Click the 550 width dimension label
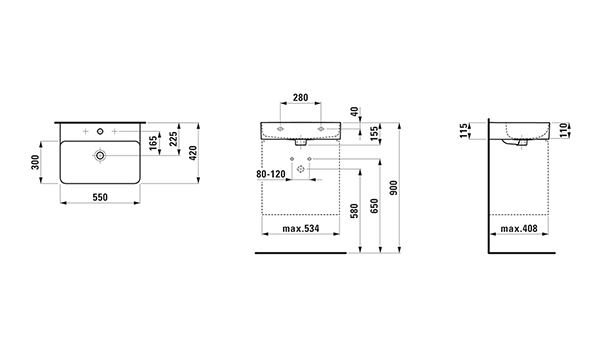(100, 197)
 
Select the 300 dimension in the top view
(35, 162)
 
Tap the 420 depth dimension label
(193, 153)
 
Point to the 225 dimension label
(173, 139)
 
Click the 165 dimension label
(153, 143)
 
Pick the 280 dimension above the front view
(300, 98)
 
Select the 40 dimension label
(355, 112)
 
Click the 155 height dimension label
(375, 132)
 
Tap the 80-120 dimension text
(271, 174)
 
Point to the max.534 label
(301, 229)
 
